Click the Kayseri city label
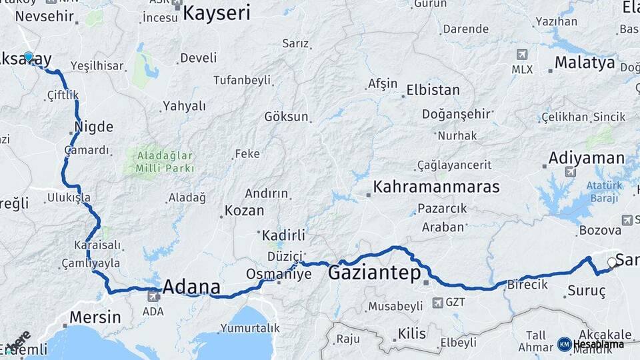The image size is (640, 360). pyautogui.click(x=216, y=13)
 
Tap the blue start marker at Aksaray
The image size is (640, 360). pyautogui.click(x=28, y=57)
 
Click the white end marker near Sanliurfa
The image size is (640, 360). pyautogui.click(x=612, y=263)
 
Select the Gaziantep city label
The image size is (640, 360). pyautogui.click(x=374, y=273)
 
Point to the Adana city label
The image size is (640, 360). pyautogui.click(x=191, y=287)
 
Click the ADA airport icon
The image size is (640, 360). pyautogui.click(x=153, y=295)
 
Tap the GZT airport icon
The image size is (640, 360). pyautogui.click(x=437, y=303)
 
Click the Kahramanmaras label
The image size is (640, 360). pyautogui.click(x=436, y=187)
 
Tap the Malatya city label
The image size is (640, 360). pyautogui.click(x=585, y=63)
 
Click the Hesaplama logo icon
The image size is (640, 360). pyautogui.click(x=564, y=344)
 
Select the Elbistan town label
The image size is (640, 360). pyautogui.click(x=433, y=90)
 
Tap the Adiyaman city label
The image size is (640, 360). pyautogui.click(x=586, y=159)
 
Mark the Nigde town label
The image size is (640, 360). pyautogui.click(x=94, y=127)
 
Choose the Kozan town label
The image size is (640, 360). pyautogui.click(x=244, y=211)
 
